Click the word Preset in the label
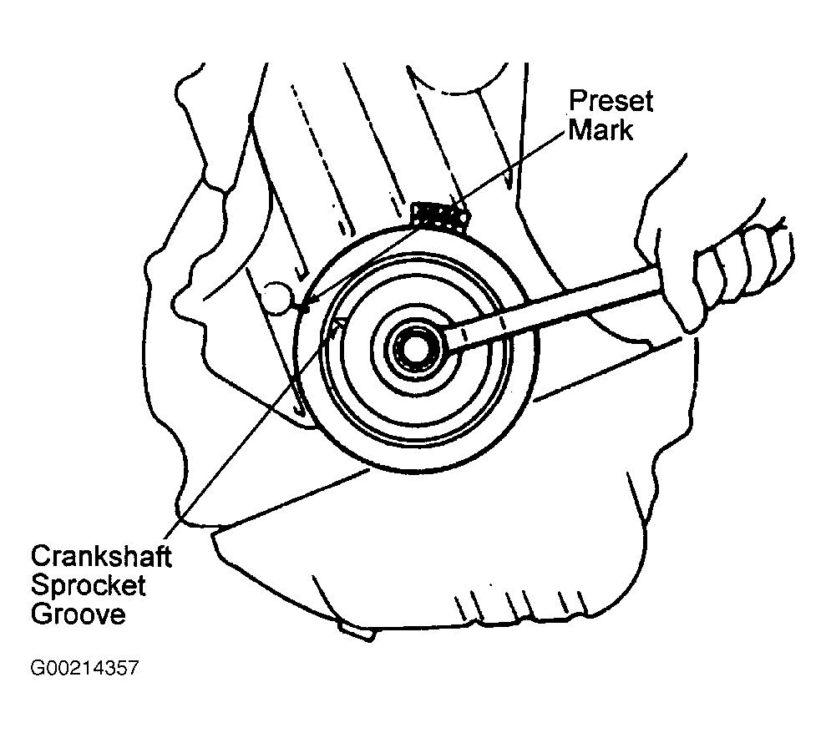(x=611, y=103)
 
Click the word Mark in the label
(x=600, y=131)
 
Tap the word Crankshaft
(x=101, y=556)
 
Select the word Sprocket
(x=88, y=585)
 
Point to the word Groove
(x=79, y=615)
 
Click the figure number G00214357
(x=84, y=669)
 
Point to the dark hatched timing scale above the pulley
(x=440, y=215)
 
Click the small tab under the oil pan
(x=354, y=632)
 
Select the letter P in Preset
(x=577, y=103)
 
